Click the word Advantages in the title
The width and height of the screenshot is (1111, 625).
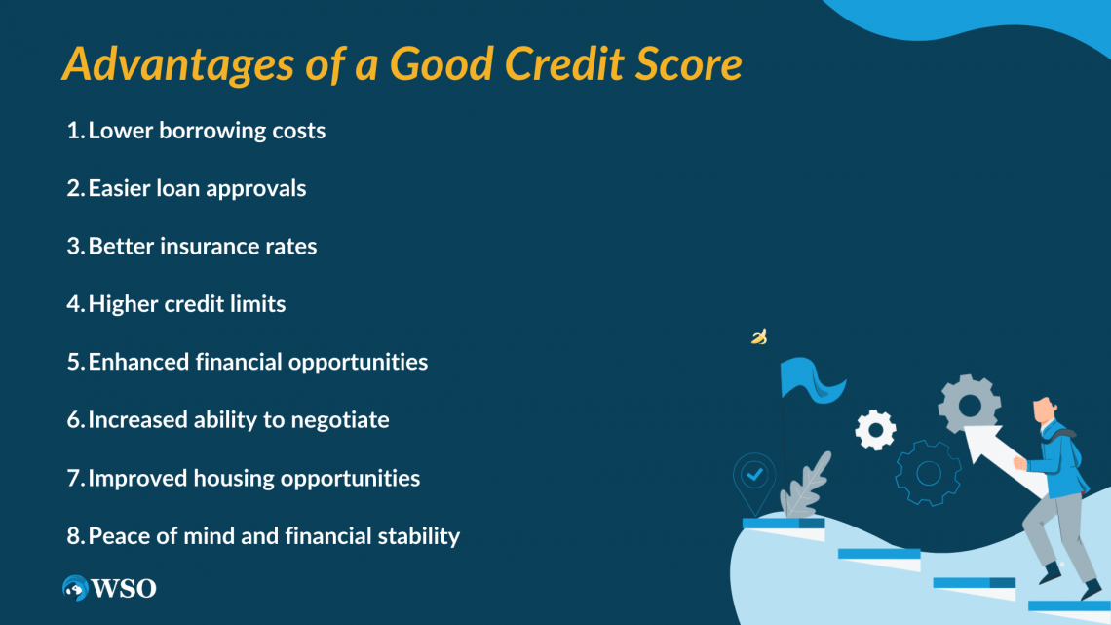click(x=177, y=64)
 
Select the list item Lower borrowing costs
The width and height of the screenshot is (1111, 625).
click(x=207, y=131)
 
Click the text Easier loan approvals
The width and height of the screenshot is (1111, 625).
click(x=197, y=188)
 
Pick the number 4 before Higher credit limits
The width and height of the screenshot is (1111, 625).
click(x=74, y=304)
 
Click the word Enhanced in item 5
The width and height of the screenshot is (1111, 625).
click(x=138, y=362)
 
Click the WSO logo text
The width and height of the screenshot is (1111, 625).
click(x=124, y=589)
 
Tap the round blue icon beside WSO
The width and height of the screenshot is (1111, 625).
click(x=75, y=588)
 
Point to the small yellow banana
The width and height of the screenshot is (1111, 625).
click(x=759, y=336)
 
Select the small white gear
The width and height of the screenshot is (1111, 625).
click(x=876, y=429)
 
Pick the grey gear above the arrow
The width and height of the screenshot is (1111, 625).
click(x=970, y=404)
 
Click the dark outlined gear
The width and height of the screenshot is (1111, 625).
click(x=928, y=473)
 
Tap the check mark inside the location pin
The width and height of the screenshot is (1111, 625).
click(x=754, y=474)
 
